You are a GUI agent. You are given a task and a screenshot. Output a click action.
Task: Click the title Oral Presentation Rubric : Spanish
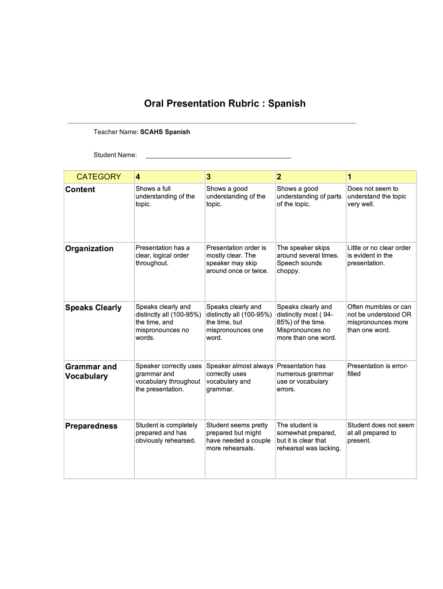pyautogui.click(x=224, y=104)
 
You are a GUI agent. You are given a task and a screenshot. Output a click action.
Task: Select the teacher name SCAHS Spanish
pyautogui.click(x=165, y=132)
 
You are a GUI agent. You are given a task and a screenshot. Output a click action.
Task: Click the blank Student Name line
pyautogui.click(x=218, y=155)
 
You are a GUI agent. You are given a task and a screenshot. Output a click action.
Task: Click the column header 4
pyautogui.click(x=138, y=177)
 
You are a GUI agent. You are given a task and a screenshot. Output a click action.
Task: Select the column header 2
pyautogui.click(x=279, y=177)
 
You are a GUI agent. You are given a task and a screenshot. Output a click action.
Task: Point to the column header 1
pyautogui.click(x=350, y=177)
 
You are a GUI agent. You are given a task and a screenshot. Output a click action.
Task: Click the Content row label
pyautogui.click(x=80, y=189)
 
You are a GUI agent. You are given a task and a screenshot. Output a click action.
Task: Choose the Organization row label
pyautogui.click(x=89, y=248)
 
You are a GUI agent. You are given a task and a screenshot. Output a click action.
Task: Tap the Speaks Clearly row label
pyautogui.click(x=93, y=308)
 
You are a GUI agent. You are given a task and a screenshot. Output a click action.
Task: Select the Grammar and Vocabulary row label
pyautogui.click(x=91, y=371)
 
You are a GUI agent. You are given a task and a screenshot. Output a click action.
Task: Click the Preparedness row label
pyautogui.click(x=91, y=426)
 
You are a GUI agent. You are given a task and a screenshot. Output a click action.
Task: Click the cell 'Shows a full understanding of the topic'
pyautogui.click(x=165, y=196)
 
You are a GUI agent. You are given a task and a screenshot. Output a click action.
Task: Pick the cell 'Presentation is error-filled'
pyautogui.click(x=377, y=369)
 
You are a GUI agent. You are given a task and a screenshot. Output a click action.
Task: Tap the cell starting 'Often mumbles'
pyautogui.click(x=379, y=319)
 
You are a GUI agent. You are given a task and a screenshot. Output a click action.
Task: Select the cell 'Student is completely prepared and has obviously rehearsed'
pyautogui.click(x=166, y=433)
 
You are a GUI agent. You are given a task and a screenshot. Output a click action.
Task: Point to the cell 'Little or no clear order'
pyautogui.click(x=379, y=255)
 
